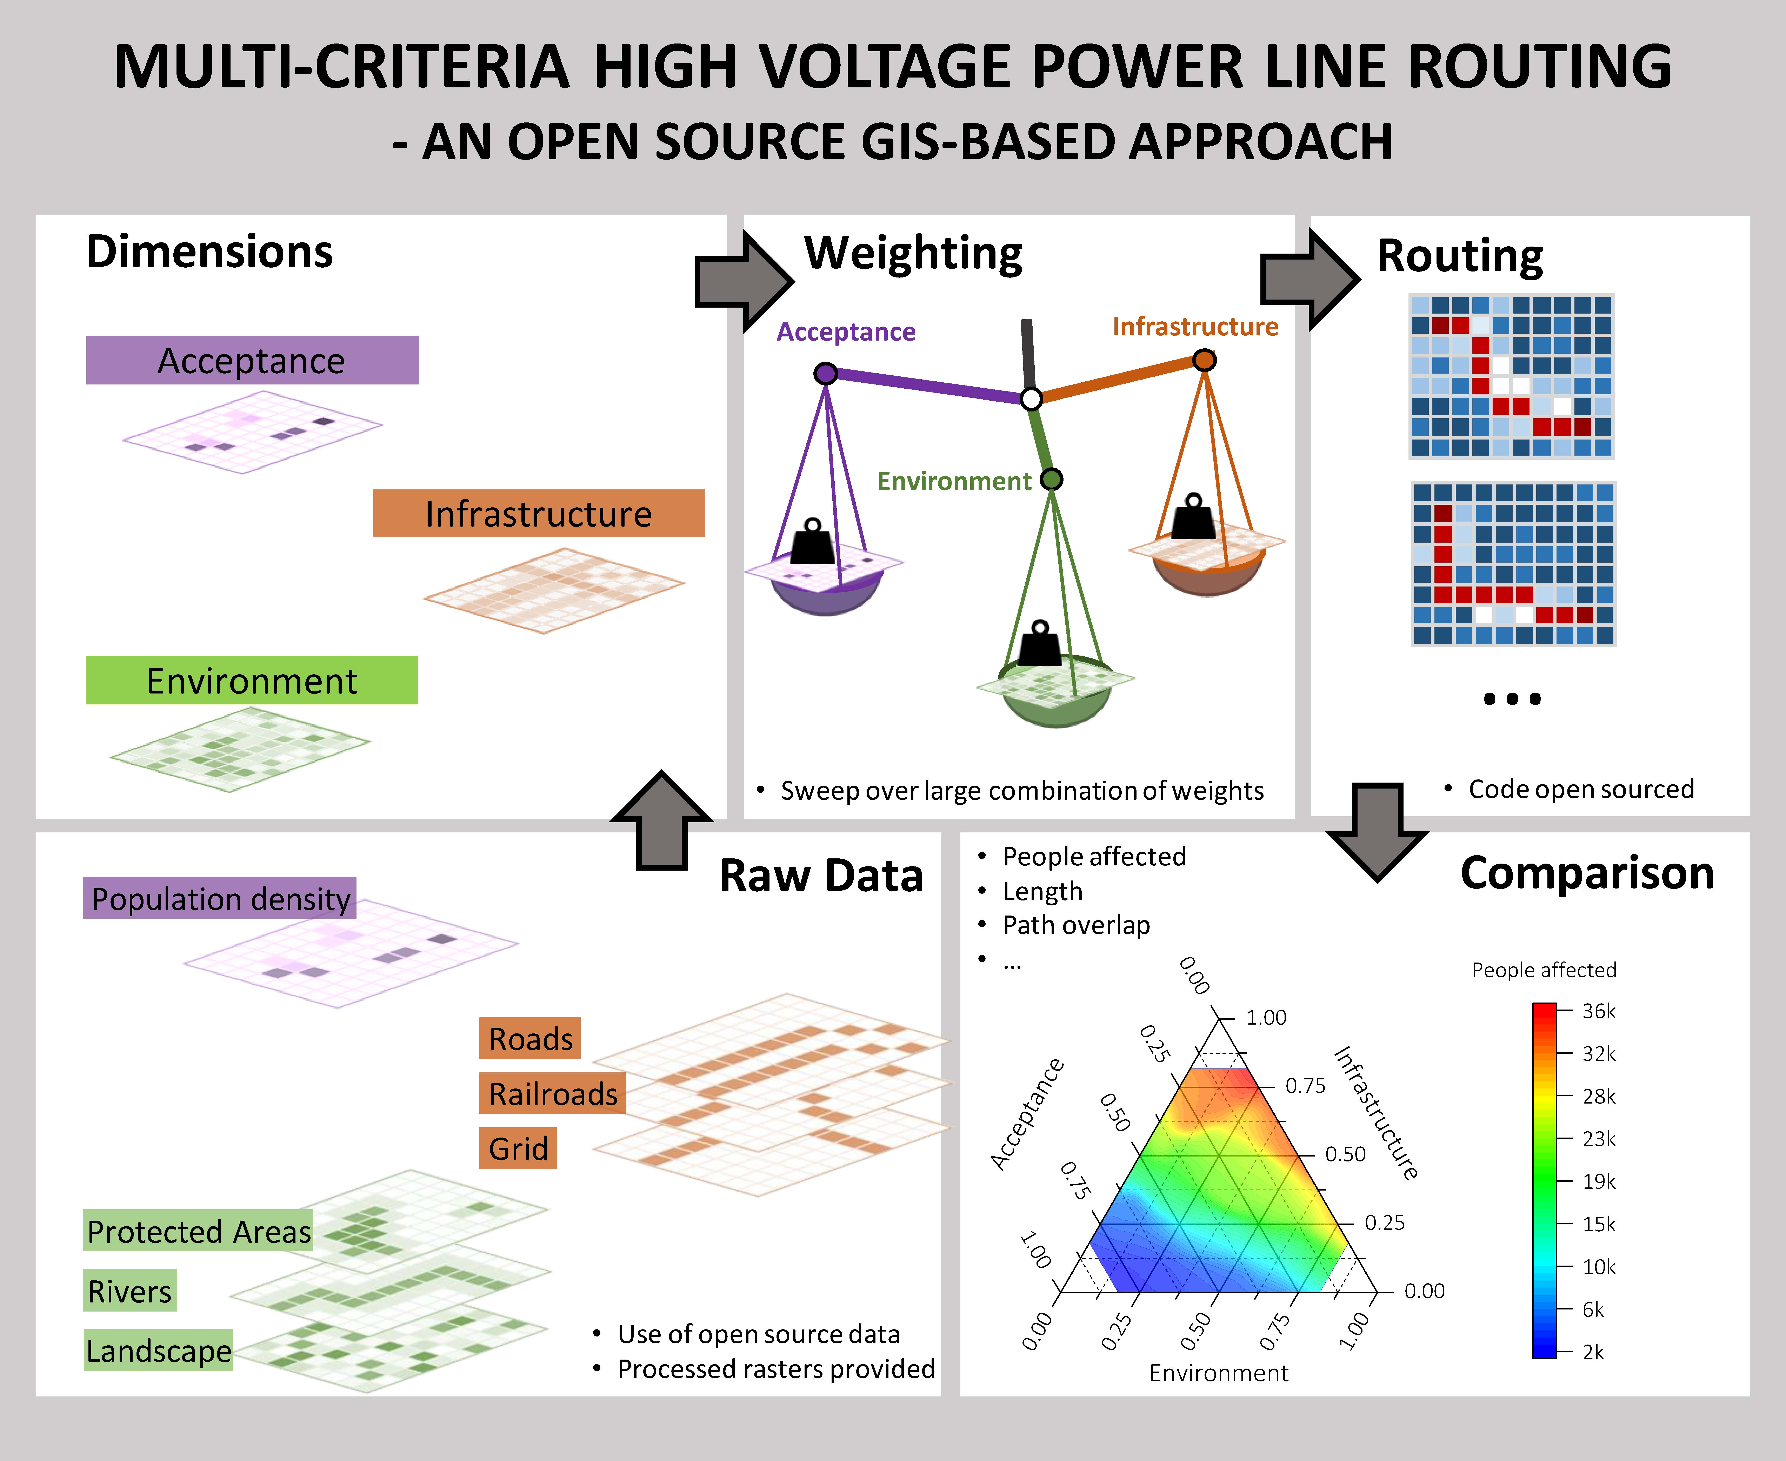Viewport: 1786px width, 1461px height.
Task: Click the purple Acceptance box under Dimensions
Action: [252, 360]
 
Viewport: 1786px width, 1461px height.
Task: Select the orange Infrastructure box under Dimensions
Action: [539, 513]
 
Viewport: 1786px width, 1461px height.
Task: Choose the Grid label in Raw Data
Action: [518, 1148]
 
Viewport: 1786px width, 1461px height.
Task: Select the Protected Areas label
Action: [199, 1231]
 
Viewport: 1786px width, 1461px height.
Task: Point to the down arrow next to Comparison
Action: [1377, 831]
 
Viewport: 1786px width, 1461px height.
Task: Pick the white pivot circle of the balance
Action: [1031, 399]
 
